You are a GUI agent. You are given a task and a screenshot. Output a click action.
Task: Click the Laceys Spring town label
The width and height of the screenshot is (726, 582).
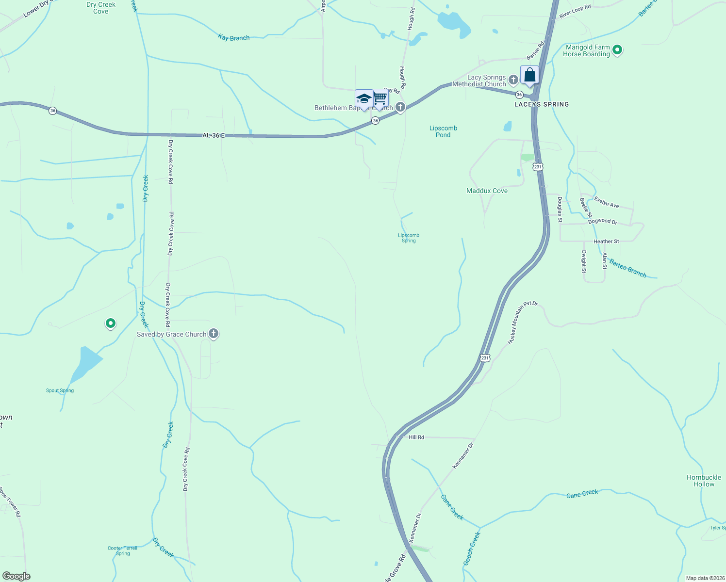coord(542,104)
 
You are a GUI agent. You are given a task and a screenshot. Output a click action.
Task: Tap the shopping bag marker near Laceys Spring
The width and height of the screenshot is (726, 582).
coord(529,75)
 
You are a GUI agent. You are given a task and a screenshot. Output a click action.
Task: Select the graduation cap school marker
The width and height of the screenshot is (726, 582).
coord(364,99)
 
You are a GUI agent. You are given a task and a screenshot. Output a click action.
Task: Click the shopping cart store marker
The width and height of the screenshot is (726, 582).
coord(380,98)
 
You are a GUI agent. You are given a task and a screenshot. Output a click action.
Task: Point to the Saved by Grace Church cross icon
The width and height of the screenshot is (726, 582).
coord(213,334)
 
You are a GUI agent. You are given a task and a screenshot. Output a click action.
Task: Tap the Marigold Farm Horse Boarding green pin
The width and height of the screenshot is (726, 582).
coord(617,49)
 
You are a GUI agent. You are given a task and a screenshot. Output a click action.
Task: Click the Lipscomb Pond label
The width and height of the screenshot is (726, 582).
coord(443,131)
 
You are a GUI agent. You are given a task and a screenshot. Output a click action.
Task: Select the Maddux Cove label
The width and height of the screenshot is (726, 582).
coord(487,191)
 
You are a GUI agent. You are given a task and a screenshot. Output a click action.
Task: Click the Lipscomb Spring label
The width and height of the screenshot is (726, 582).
coord(409,238)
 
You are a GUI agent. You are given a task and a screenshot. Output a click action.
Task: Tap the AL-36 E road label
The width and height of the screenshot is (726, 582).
coord(214,135)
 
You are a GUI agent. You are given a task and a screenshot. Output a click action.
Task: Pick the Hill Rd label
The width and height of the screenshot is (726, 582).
coord(416,437)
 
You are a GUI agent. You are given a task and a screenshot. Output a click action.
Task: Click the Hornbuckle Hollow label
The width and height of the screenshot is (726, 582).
coord(704,481)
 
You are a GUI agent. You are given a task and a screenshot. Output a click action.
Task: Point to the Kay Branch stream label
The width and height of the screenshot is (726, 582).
coord(234,37)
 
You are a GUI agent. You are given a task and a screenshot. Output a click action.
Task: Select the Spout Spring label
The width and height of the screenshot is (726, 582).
coord(60,390)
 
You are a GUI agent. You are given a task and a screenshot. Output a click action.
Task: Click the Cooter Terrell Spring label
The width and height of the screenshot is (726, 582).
coord(123,550)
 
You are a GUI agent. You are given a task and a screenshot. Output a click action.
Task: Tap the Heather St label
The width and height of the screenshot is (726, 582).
coord(606,241)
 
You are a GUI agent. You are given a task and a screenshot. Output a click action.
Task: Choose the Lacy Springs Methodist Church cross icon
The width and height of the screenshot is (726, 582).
coord(513,79)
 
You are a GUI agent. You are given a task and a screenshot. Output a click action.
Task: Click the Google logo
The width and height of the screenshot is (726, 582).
coord(16,576)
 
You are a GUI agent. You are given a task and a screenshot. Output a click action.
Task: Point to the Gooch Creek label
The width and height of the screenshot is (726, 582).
coord(472,548)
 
